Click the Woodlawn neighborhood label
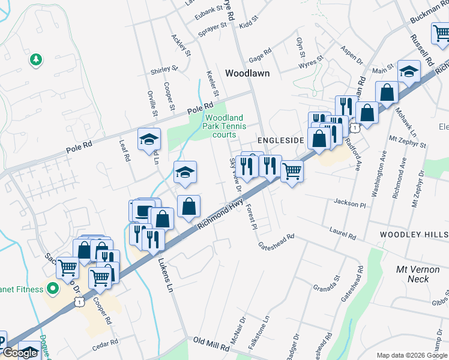coord(247,73)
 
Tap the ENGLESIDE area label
coord(282,140)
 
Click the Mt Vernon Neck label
coord(413,274)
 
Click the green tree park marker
coord(36,59)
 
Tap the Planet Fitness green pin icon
coord(52,289)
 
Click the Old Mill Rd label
coord(211,344)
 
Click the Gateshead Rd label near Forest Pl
coord(276,241)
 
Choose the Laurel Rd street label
coord(343,231)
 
